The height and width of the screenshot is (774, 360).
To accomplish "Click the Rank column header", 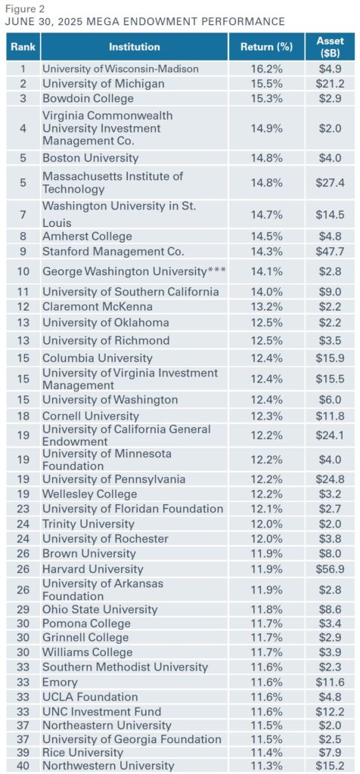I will (x=23, y=47).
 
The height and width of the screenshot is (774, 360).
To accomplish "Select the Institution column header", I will (x=134, y=47).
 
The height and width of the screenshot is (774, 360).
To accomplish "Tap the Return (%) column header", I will (x=265, y=47).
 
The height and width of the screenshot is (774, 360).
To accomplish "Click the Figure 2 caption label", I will (x=24, y=8).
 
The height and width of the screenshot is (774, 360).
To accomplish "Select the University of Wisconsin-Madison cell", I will (x=120, y=68).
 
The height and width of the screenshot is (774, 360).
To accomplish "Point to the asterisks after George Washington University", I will (x=217, y=270).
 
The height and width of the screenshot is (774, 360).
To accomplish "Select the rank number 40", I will (x=23, y=766).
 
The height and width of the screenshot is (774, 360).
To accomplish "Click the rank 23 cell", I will (x=23, y=509).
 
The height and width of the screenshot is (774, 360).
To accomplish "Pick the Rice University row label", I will (x=82, y=752).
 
